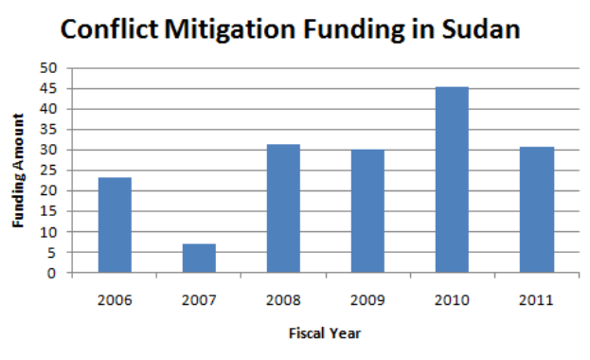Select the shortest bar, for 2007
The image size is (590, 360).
tap(199, 259)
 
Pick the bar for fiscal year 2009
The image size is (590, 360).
tap(367, 211)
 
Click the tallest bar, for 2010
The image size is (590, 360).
tap(452, 180)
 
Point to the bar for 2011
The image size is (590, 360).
tap(536, 210)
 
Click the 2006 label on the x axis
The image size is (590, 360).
tap(115, 300)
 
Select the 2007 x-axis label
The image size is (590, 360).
tap(199, 300)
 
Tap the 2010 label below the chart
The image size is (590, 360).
tap(452, 300)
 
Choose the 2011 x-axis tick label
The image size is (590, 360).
tap(536, 300)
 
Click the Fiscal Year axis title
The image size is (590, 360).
tap(325, 333)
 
